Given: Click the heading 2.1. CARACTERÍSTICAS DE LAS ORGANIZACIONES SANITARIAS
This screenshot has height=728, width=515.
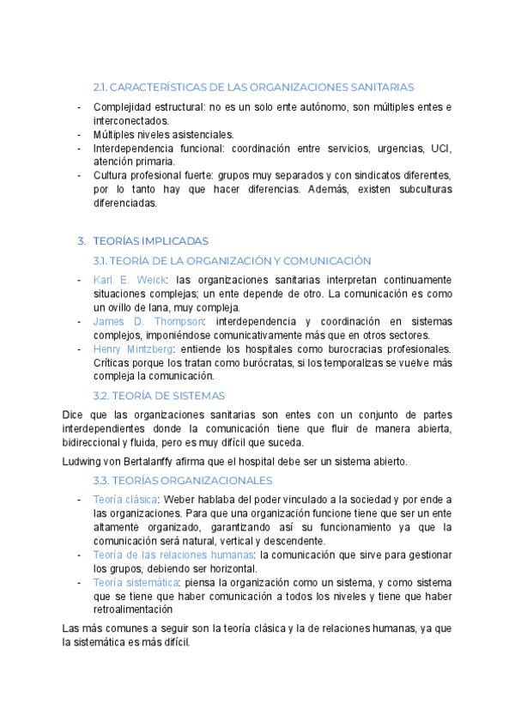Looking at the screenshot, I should [253, 87].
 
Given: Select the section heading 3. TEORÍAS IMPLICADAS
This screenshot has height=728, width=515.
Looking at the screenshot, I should [150, 241].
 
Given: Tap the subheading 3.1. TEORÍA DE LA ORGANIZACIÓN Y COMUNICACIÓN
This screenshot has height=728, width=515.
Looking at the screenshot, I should [231, 260].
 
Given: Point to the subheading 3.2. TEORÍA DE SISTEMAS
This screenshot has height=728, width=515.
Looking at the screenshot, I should [159, 395].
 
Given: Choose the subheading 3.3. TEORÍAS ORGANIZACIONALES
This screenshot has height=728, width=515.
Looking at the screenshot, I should [182, 480].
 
